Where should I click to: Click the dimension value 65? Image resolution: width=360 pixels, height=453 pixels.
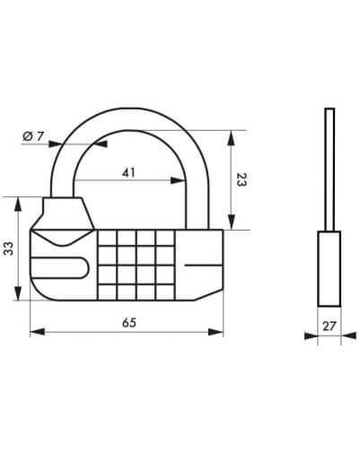[x=129, y=323]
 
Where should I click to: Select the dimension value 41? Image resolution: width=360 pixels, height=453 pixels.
[x=128, y=173]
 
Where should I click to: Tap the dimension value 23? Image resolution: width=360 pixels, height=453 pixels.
[x=241, y=179]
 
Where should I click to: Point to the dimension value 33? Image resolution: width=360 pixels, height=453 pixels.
[x=9, y=248]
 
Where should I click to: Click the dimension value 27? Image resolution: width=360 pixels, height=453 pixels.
[x=329, y=326]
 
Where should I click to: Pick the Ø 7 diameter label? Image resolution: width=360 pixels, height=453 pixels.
[x=33, y=136]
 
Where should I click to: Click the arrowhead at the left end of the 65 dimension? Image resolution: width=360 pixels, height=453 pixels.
[x=38, y=332]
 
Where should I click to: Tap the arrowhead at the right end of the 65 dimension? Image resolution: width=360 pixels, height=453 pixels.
[x=215, y=332]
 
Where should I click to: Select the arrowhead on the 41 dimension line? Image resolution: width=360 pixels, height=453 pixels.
[x=178, y=180]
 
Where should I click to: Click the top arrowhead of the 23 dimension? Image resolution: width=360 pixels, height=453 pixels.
[x=231, y=138]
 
